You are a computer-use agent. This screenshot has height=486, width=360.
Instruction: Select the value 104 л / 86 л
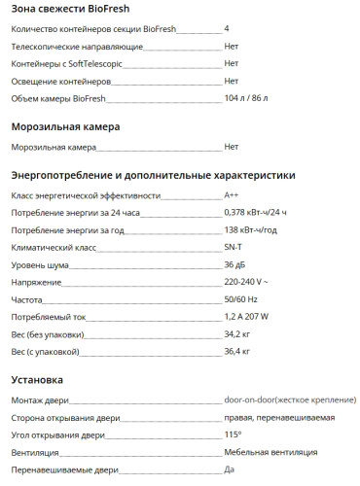(x=246, y=98)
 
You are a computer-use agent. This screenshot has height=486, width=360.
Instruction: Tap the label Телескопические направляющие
(x=68, y=46)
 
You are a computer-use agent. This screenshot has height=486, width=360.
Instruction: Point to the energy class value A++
(x=232, y=195)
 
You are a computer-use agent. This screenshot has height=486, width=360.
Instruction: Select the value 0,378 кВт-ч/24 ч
(x=257, y=213)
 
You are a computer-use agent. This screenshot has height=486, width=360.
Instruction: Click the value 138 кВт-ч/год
(x=250, y=230)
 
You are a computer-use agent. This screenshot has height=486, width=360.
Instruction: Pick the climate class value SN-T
(x=234, y=248)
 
